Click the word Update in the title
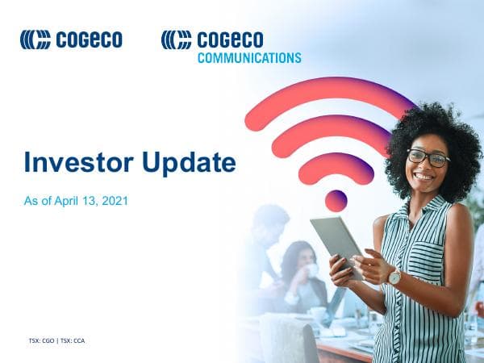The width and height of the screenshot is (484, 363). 189,164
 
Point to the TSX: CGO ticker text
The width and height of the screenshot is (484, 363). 41,340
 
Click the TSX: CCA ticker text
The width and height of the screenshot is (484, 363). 73,340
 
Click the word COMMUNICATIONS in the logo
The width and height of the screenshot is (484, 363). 249,58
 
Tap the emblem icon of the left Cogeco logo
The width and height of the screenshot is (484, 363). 35,40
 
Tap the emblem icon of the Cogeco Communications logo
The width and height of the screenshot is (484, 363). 176,40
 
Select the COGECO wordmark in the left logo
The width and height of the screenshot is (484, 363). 89,40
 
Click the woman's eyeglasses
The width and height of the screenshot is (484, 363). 428,156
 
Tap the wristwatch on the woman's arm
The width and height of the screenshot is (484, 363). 394,277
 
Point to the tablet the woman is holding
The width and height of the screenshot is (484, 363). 336,242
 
